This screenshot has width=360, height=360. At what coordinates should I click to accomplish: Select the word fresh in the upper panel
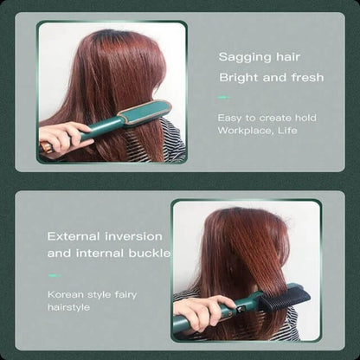307,77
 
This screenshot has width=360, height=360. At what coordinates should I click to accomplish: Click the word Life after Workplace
287,130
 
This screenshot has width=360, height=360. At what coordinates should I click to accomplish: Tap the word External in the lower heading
74,236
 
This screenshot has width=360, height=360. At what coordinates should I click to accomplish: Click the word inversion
134,236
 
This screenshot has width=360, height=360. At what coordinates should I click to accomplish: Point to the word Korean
61,294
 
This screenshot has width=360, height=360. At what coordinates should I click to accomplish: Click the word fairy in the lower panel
125,295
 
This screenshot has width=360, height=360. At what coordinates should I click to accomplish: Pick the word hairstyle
68,307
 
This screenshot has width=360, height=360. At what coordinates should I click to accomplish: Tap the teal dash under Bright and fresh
224,98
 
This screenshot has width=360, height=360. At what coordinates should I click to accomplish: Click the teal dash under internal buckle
55,276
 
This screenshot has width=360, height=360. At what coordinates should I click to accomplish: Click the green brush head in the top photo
145,112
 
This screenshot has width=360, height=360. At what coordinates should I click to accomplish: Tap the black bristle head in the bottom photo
285,297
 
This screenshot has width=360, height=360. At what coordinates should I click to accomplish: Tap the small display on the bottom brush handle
240,311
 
